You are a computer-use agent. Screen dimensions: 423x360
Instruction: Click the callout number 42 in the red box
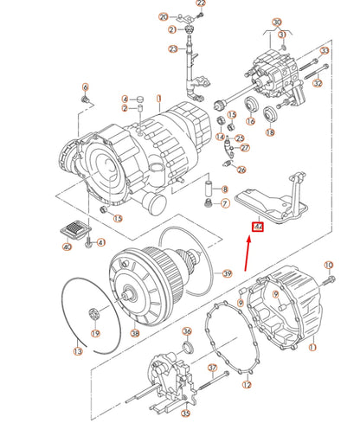pyautogui.click(x=257, y=228)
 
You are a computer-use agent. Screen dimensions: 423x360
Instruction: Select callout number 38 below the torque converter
pyautogui.click(x=134, y=332)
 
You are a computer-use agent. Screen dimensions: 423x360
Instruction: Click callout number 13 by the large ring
pyautogui.click(x=77, y=351)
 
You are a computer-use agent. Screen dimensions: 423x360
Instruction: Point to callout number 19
pyautogui.click(x=96, y=332)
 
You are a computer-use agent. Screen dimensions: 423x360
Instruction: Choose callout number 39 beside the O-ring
pyautogui.click(x=228, y=273)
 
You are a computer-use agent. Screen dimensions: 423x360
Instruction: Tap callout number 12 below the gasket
pyautogui.click(x=247, y=384)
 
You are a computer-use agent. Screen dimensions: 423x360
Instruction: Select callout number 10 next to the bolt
pyautogui.click(x=328, y=265)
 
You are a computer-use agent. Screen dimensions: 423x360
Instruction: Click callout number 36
pyautogui.click(x=187, y=331)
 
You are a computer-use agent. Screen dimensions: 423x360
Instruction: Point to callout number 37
pyautogui.click(x=212, y=368)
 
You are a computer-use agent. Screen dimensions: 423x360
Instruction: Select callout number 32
pyautogui.click(x=318, y=84)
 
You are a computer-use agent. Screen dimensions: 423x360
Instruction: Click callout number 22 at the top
pyautogui.click(x=201, y=3)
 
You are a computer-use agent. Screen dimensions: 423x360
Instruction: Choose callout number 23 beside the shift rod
pyautogui.click(x=172, y=49)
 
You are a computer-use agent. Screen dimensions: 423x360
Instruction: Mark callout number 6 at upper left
pyautogui.click(x=85, y=87)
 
